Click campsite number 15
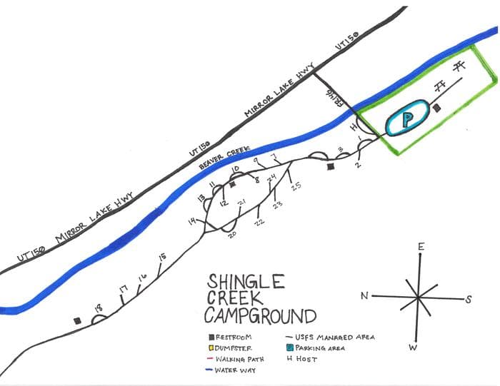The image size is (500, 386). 162,256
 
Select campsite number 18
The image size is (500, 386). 98,308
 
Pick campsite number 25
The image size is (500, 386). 295,186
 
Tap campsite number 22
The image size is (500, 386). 260,220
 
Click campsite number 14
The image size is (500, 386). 191,222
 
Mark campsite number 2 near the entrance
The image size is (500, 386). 357,165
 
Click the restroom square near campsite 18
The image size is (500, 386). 76,320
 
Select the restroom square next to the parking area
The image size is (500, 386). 437,108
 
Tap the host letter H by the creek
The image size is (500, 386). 352,126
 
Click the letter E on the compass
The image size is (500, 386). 421,247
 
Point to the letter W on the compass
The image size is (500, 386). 413,347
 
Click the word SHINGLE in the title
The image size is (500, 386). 246,282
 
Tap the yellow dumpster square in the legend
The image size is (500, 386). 211,348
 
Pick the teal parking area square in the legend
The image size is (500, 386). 289,347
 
